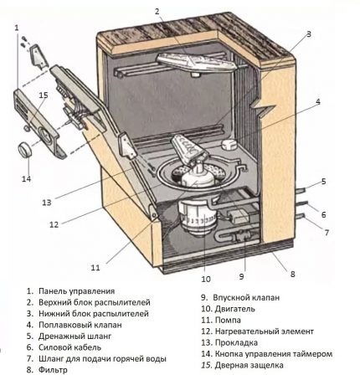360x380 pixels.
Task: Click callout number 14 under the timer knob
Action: (x=27, y=178)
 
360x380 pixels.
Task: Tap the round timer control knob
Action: (x=24, y=150)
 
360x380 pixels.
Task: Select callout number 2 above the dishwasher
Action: (x=157, y=12)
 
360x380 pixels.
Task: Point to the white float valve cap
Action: (x=229, y=145)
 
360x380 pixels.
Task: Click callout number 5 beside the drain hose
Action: (x=323, y=182)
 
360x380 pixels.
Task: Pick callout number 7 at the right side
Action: (x=327, y=232)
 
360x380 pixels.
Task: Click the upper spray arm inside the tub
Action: (x=196, y=62)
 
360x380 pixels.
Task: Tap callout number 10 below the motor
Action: (x=206, y=279)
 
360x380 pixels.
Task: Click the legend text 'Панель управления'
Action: (x=77, y=291)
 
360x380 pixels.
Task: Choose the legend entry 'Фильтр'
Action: (x=53, y=370)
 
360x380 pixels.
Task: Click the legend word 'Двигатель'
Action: (x=235, y=309)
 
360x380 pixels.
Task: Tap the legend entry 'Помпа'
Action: (x=228, y=321)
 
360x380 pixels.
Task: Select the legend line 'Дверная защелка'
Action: (x=249, y=365)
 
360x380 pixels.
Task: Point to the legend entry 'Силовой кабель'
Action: (x=69, y=347)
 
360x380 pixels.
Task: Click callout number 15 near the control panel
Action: (x=44, y=95)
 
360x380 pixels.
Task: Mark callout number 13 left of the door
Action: (x=47, y=203)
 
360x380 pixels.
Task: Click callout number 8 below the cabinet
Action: (x=292, y=275)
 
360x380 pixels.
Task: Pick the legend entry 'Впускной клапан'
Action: (x=246, y=298)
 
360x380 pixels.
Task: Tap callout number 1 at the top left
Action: (x=17, y=28)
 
